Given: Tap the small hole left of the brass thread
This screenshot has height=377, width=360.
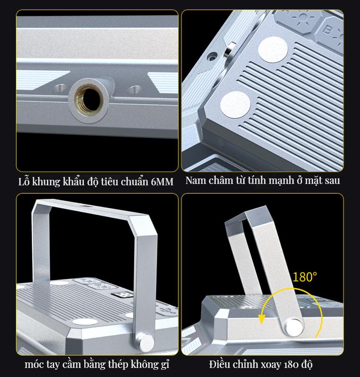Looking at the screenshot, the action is [x=59, y=88].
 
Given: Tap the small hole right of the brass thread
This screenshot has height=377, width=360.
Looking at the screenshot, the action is [x=134, y=90].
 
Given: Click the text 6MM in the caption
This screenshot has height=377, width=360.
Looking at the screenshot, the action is [x=162, y=182].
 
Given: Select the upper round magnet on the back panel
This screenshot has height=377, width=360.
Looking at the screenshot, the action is [x=273, y=49].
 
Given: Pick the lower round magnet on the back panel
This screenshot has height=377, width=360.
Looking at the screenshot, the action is [x=235, y=105].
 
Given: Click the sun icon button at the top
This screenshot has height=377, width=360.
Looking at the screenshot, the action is [x=303, y=17].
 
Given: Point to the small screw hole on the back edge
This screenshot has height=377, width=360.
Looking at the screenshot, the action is [x=212, y=57].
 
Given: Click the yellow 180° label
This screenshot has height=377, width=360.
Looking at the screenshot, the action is [x=305, y=277].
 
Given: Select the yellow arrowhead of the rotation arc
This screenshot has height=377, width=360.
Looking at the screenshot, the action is [x=261, y=320].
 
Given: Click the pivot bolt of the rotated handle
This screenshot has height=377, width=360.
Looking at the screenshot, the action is [x=294, y=327].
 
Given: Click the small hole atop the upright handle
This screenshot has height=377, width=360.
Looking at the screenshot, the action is [x=84, y=206].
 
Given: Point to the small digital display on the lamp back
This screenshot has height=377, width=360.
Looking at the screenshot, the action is [x=122, y=295].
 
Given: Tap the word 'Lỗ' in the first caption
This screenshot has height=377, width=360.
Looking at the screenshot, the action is [x=24, y=181].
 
